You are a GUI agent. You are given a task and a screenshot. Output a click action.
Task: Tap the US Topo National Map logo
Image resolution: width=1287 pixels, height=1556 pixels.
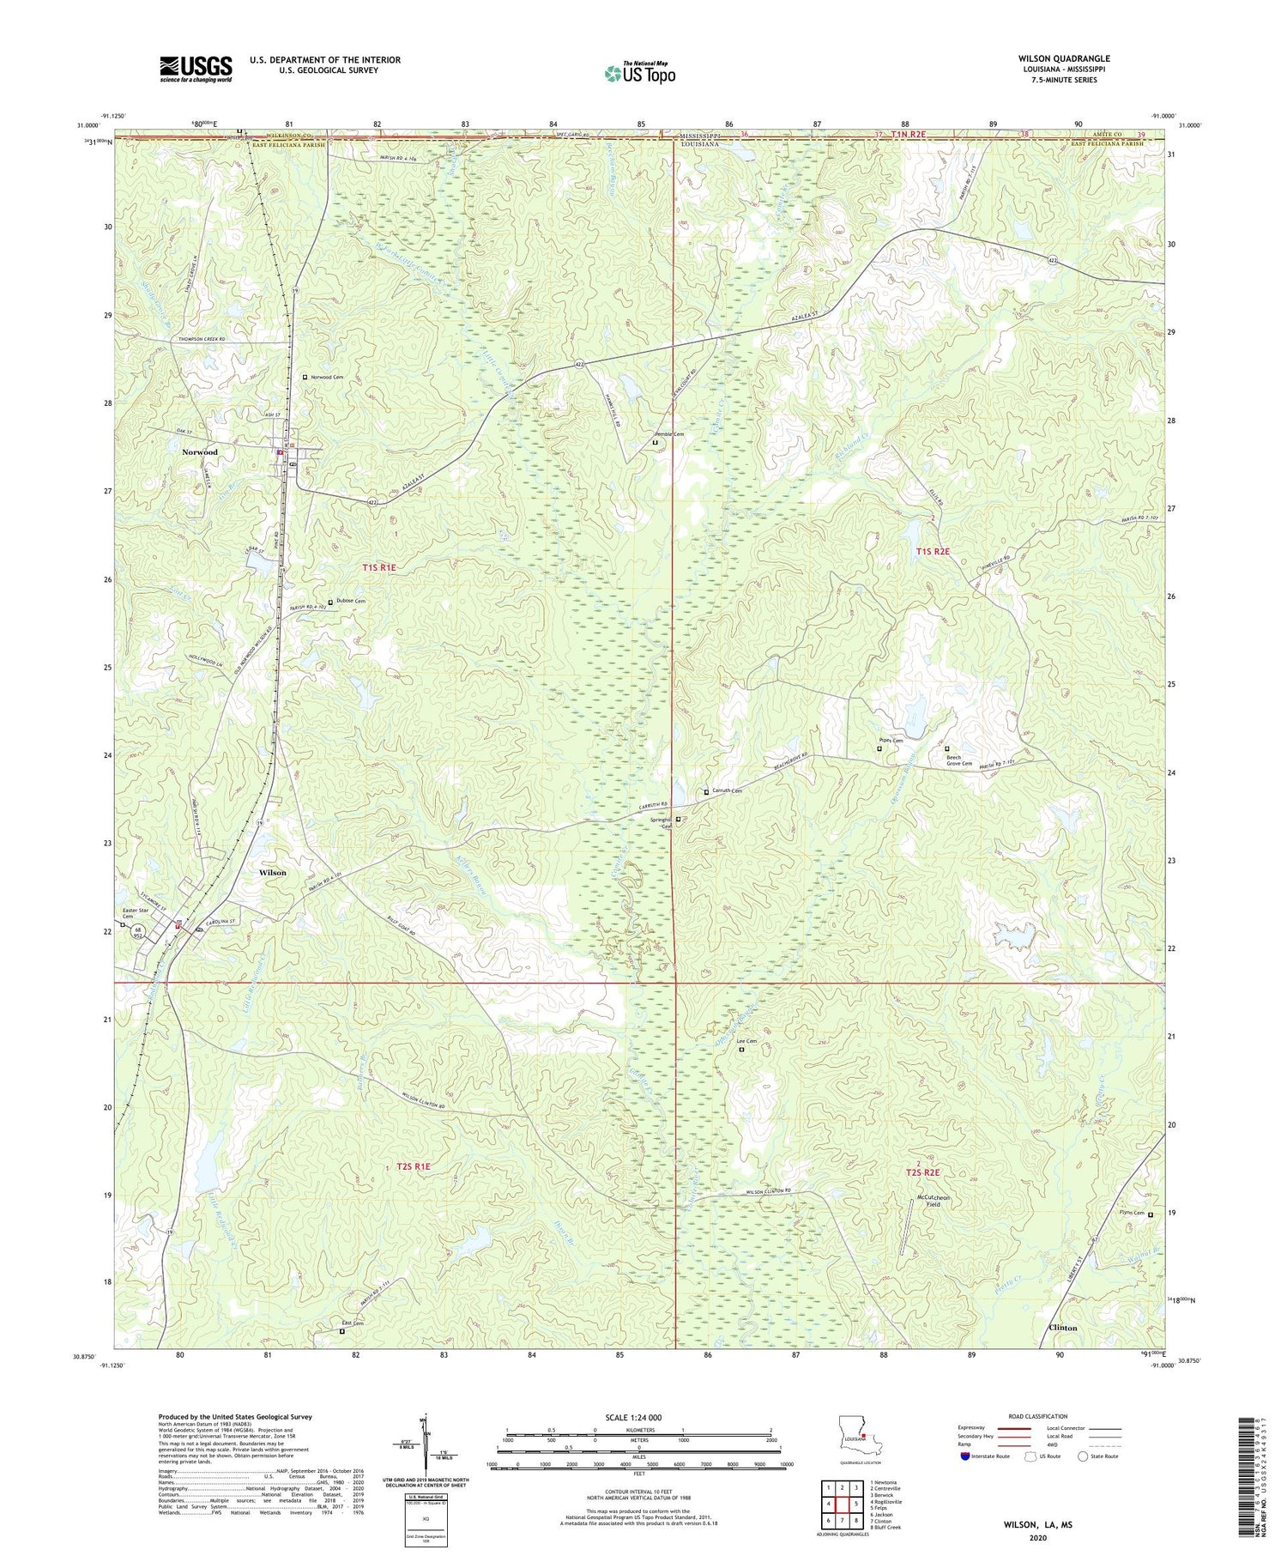639,73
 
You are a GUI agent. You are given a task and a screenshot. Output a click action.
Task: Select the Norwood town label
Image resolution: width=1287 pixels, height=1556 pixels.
199,451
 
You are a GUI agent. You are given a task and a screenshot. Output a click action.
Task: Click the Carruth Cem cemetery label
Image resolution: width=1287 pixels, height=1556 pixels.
725,791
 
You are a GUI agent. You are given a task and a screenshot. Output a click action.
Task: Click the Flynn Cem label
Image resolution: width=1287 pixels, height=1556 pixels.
1132,1214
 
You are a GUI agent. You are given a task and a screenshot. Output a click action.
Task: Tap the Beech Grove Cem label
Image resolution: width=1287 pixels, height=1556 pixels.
958,760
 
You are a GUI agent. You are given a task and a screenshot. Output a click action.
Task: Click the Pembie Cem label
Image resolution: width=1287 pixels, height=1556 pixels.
669,435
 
